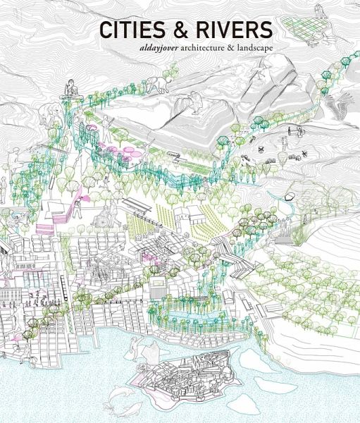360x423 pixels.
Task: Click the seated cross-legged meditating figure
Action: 70,89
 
